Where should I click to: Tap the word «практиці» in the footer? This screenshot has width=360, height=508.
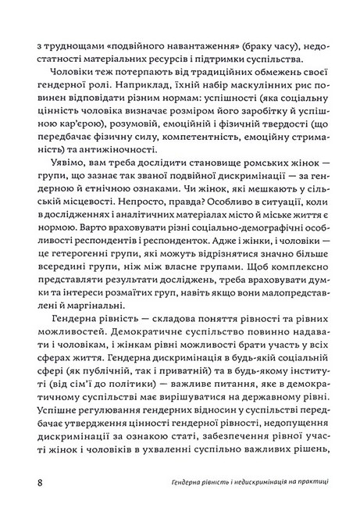pyautogui.click(x=308, y=483)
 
